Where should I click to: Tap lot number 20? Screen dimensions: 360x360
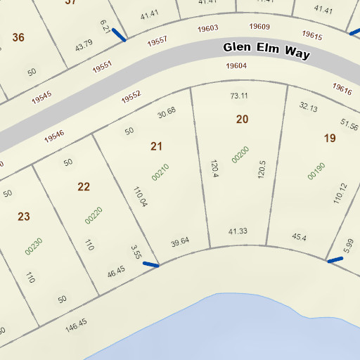[242, 120]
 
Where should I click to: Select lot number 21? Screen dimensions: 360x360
[156, 146]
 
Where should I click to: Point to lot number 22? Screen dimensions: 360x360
[84, 186]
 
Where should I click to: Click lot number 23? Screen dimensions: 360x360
[24, 217]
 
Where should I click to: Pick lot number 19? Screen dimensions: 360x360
[329, 138]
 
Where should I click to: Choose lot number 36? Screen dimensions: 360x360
[18, 37]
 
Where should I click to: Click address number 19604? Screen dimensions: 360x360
[236, 66]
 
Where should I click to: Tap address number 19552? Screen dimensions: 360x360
[131, 97]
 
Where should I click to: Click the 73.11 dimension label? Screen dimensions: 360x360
[239, 96]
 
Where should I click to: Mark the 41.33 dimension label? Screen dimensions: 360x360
[238, 231]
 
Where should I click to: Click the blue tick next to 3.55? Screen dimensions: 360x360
[150, 264]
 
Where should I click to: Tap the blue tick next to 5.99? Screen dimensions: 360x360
[335, 259]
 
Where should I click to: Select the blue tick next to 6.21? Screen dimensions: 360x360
[119, 34]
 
